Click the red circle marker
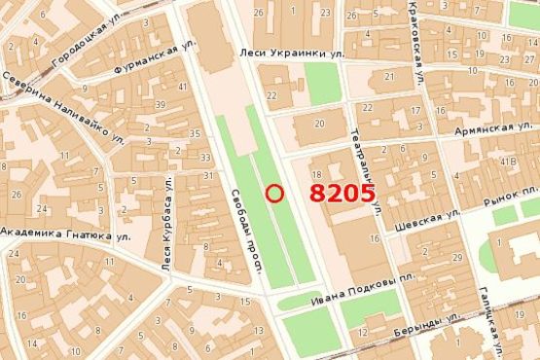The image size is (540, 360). tap(274, 193)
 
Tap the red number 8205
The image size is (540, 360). tap(342, 193)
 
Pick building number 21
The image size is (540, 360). tap(389, 76)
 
